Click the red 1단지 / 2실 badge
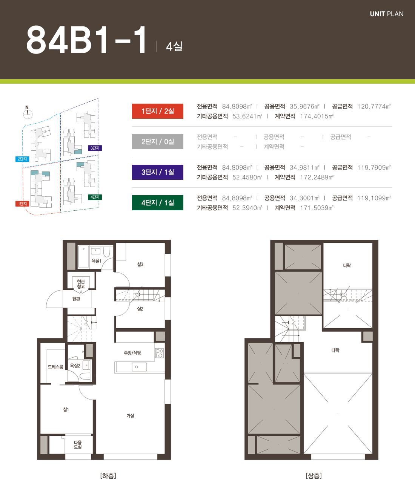coord(158,111)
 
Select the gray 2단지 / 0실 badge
coord(158,141)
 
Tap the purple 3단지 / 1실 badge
coord(158,172)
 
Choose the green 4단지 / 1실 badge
coord(158,203)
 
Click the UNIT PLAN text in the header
coord(387,14)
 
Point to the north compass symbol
coord(28,114)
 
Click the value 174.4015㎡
coord(317,116)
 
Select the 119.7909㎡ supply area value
coord(374,168)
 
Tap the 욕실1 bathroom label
coord(96,261)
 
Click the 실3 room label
coord(140,264)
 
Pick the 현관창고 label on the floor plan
coord(81,284)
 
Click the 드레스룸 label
coord(55,367)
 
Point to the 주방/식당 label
coord(132,353)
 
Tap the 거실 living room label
coord(130,416)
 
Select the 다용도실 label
coord(78,445)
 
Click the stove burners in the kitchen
coord(160,353)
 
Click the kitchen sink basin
coord(139,367)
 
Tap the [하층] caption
coord(108,476)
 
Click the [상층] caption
coord(314,476)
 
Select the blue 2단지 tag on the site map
coord(22,159)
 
